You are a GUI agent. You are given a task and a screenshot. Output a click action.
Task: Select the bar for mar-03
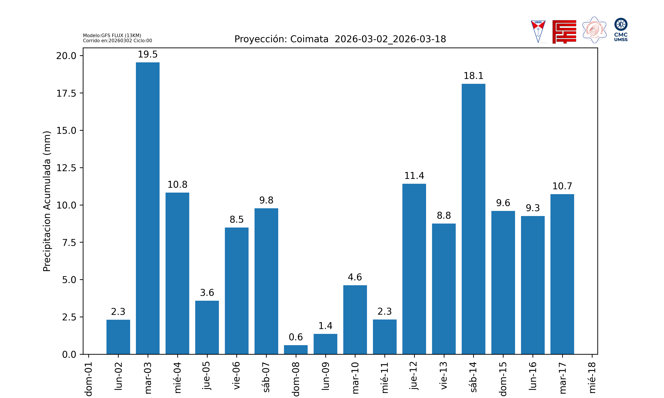[148, 208]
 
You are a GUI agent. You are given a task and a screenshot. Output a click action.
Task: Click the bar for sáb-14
[473, 219]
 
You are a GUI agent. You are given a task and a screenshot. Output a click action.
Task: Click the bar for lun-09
[325, 344]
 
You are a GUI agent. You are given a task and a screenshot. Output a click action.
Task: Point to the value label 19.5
[148, 54]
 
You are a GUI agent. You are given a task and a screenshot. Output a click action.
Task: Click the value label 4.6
[355, 277]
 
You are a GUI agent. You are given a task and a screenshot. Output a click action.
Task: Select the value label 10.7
[562, 186]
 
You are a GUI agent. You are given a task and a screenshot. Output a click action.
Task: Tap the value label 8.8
[444, 215]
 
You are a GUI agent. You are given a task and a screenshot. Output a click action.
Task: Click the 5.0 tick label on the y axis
[69, 280]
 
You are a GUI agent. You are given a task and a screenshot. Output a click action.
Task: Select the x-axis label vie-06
[236, 375]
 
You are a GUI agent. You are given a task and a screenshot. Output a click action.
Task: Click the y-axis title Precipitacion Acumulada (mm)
[47, 201]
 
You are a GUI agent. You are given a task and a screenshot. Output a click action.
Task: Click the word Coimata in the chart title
[309, 39]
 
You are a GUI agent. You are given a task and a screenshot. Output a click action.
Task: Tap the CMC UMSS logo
[621, 29]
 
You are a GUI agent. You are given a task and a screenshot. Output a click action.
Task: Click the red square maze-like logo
[564, 32]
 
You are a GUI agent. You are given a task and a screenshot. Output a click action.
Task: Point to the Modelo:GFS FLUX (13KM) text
[112, 35]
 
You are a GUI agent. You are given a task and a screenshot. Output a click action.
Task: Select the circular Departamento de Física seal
[594, 30]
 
